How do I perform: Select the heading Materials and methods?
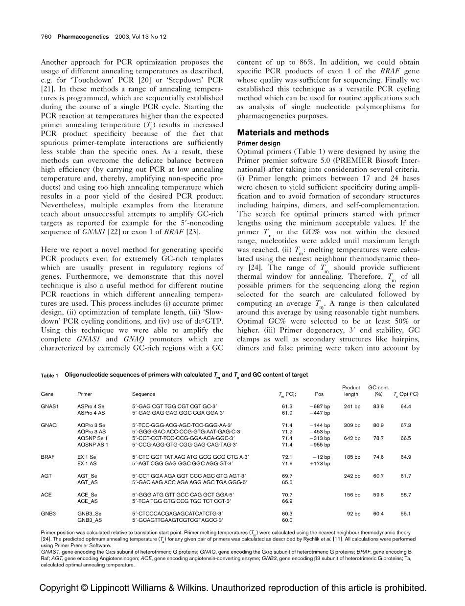283,133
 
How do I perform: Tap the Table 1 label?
49,375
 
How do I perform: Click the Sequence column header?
143,394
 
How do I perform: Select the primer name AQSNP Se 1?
93,438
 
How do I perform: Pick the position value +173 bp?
320,464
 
